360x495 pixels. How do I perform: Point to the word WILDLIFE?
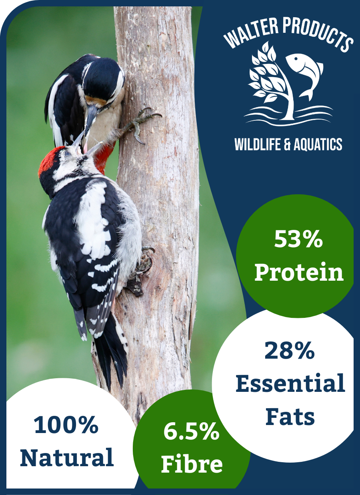(258, 144)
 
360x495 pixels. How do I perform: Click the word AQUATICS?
(318, 144)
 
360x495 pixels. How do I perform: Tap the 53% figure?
(298, 239)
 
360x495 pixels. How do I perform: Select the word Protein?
(299, 272)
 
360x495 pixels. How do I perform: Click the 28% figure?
(290, 350)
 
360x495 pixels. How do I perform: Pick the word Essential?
(290, 383)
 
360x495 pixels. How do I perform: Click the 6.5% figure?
(192, 431)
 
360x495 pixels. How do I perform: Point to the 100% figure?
(66, 425)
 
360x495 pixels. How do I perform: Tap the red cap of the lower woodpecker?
(49, 160)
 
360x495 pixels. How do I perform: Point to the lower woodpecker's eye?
(67, 154)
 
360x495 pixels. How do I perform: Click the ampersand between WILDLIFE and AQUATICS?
(287, 144)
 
